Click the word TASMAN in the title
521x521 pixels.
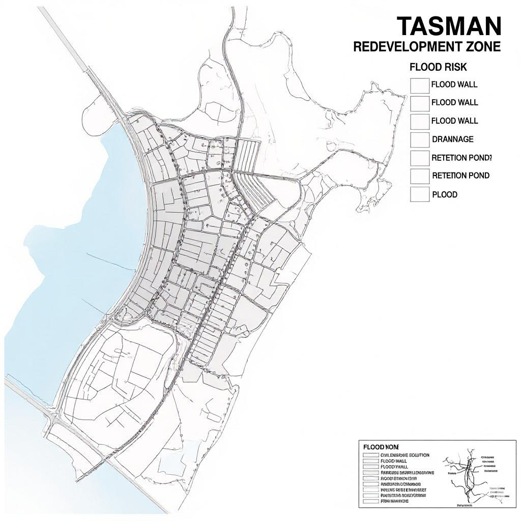click(x=448, y=26)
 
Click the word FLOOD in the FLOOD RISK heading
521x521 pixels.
click(x=426, y=67)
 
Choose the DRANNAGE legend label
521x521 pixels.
click(x=452, y=139)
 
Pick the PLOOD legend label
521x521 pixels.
click(x=444, y=194)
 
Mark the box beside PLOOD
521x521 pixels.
click(x=420, y=195)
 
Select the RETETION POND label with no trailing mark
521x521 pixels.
click(x=460, y=176)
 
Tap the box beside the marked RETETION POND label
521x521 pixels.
click(x=420, y=158)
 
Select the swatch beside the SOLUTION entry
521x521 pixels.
click(x=371, y=455)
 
